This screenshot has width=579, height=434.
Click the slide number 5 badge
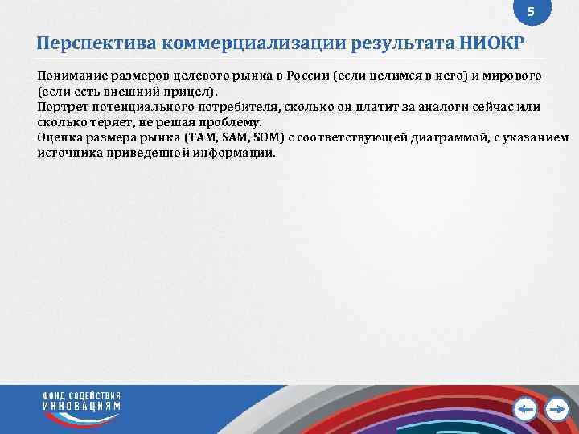tap(530, 13)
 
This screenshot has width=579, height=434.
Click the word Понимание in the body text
tap(67, 75)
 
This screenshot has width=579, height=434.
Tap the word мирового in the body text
tap(513, 75)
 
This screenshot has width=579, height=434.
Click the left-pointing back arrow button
tap(526, 410)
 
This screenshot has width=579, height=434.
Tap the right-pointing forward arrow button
tap(556, 410)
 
